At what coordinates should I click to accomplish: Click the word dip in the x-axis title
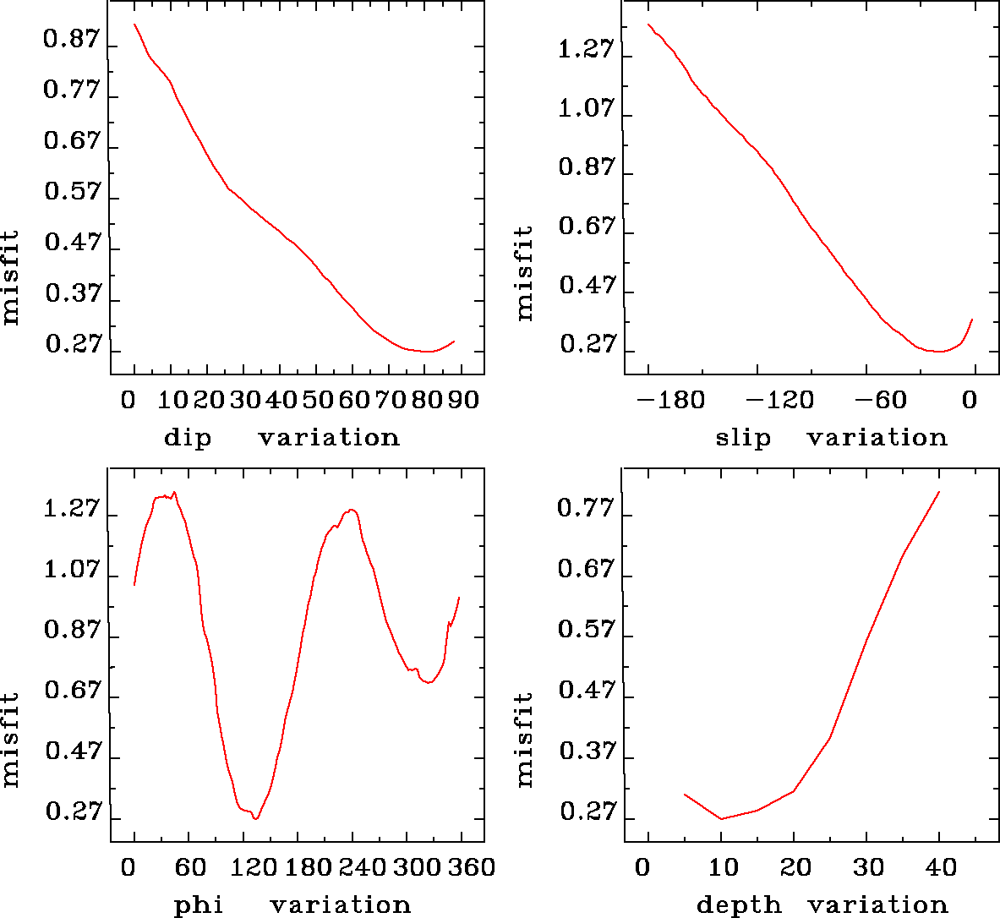(188, 438)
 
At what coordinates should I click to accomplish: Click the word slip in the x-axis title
(743, 438)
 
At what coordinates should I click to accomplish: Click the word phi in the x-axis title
(198, 905)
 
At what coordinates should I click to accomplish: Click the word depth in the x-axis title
(738, 905)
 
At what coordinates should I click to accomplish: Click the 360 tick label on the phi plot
(469, 867)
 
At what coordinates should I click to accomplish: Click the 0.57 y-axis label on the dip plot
(72, 192)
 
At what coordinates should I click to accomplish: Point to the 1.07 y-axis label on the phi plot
(72, 570)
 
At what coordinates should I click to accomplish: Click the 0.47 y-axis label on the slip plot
(587, 286)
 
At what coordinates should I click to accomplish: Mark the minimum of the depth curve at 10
(721, 818)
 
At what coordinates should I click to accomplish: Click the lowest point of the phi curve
(255, 819)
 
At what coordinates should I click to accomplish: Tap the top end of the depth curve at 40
(939, 492)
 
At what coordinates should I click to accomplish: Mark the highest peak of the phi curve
(174, 492)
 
